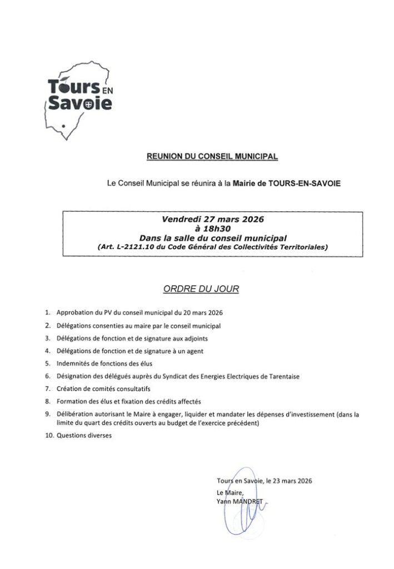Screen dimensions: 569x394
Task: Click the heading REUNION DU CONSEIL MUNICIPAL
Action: click(x=212, y=157)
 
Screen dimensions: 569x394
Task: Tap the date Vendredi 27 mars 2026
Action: click(x=212, y=219)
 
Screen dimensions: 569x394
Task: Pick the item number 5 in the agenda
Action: click(x=48, y=363)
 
